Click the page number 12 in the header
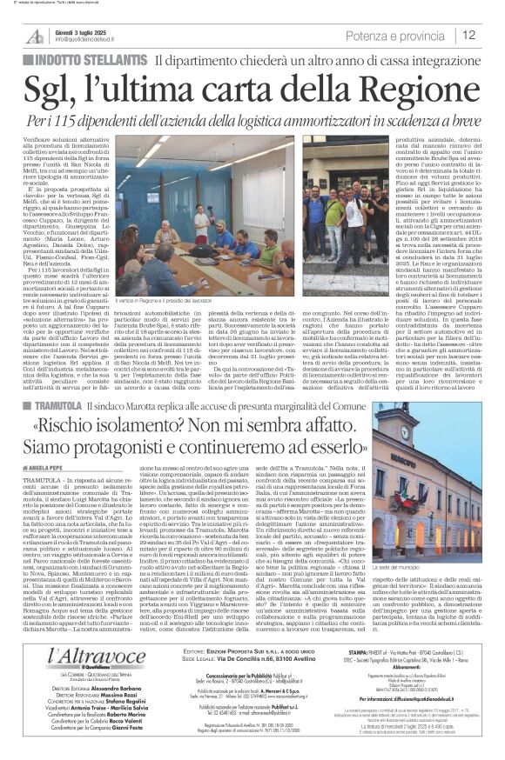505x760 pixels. click(x=468, y=36)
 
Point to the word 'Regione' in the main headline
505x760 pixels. click(x=413, y=90)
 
